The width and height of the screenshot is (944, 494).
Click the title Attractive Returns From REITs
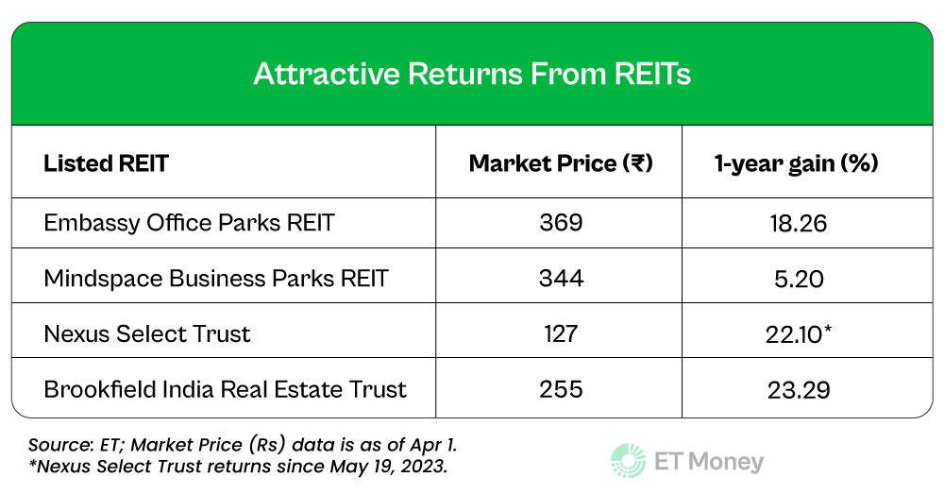[x=472, y=75]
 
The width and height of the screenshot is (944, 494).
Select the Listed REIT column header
[x=106, y=163]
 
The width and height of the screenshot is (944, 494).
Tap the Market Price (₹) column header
[x=561, y=163]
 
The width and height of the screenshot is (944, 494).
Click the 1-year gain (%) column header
[x=796, y=163]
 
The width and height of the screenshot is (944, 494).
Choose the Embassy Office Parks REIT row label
[x=190, y=224]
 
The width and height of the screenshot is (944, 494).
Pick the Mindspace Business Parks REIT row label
[x=216, y=279]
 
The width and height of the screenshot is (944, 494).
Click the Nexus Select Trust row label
[x=147, y=333]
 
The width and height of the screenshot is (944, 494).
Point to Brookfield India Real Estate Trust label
[x=226, y=388]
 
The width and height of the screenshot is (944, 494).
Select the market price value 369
[x=561, y=224]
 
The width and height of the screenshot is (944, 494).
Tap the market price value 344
[x=561, y=279]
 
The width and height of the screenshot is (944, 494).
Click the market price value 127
[x=561, y=333]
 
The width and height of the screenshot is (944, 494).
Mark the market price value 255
[x=561, y=388]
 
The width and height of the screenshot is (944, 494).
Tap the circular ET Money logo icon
[x=628, y=461]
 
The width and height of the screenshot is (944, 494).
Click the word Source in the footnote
[x=53, y=444]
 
